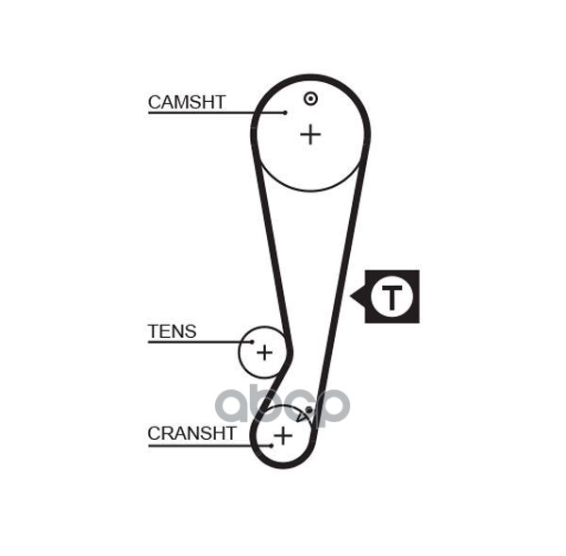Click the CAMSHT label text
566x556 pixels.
pos(187,102)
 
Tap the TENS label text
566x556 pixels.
pos(173,331)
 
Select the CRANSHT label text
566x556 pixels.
pos(192,433)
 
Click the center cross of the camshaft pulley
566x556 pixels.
pos(310,135)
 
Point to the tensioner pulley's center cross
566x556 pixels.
pos(264,352)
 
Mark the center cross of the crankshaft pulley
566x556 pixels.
pos(283,435)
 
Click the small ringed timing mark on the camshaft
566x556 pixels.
pos(310,98)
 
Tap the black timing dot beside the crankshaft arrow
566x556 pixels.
pos(309,410)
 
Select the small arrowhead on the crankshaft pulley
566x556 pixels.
pos(301,416)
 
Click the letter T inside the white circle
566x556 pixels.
pos(391,297)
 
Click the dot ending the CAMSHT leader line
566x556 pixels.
pos(285,112)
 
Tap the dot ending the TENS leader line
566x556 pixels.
pos(252,342)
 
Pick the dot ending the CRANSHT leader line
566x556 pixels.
pos(272,446)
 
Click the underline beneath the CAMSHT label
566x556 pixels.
pos(217,113)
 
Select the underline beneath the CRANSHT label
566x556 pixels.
pos(209,446)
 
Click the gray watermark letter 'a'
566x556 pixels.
pos(236,405)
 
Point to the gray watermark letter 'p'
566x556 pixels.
pos(331,408)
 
